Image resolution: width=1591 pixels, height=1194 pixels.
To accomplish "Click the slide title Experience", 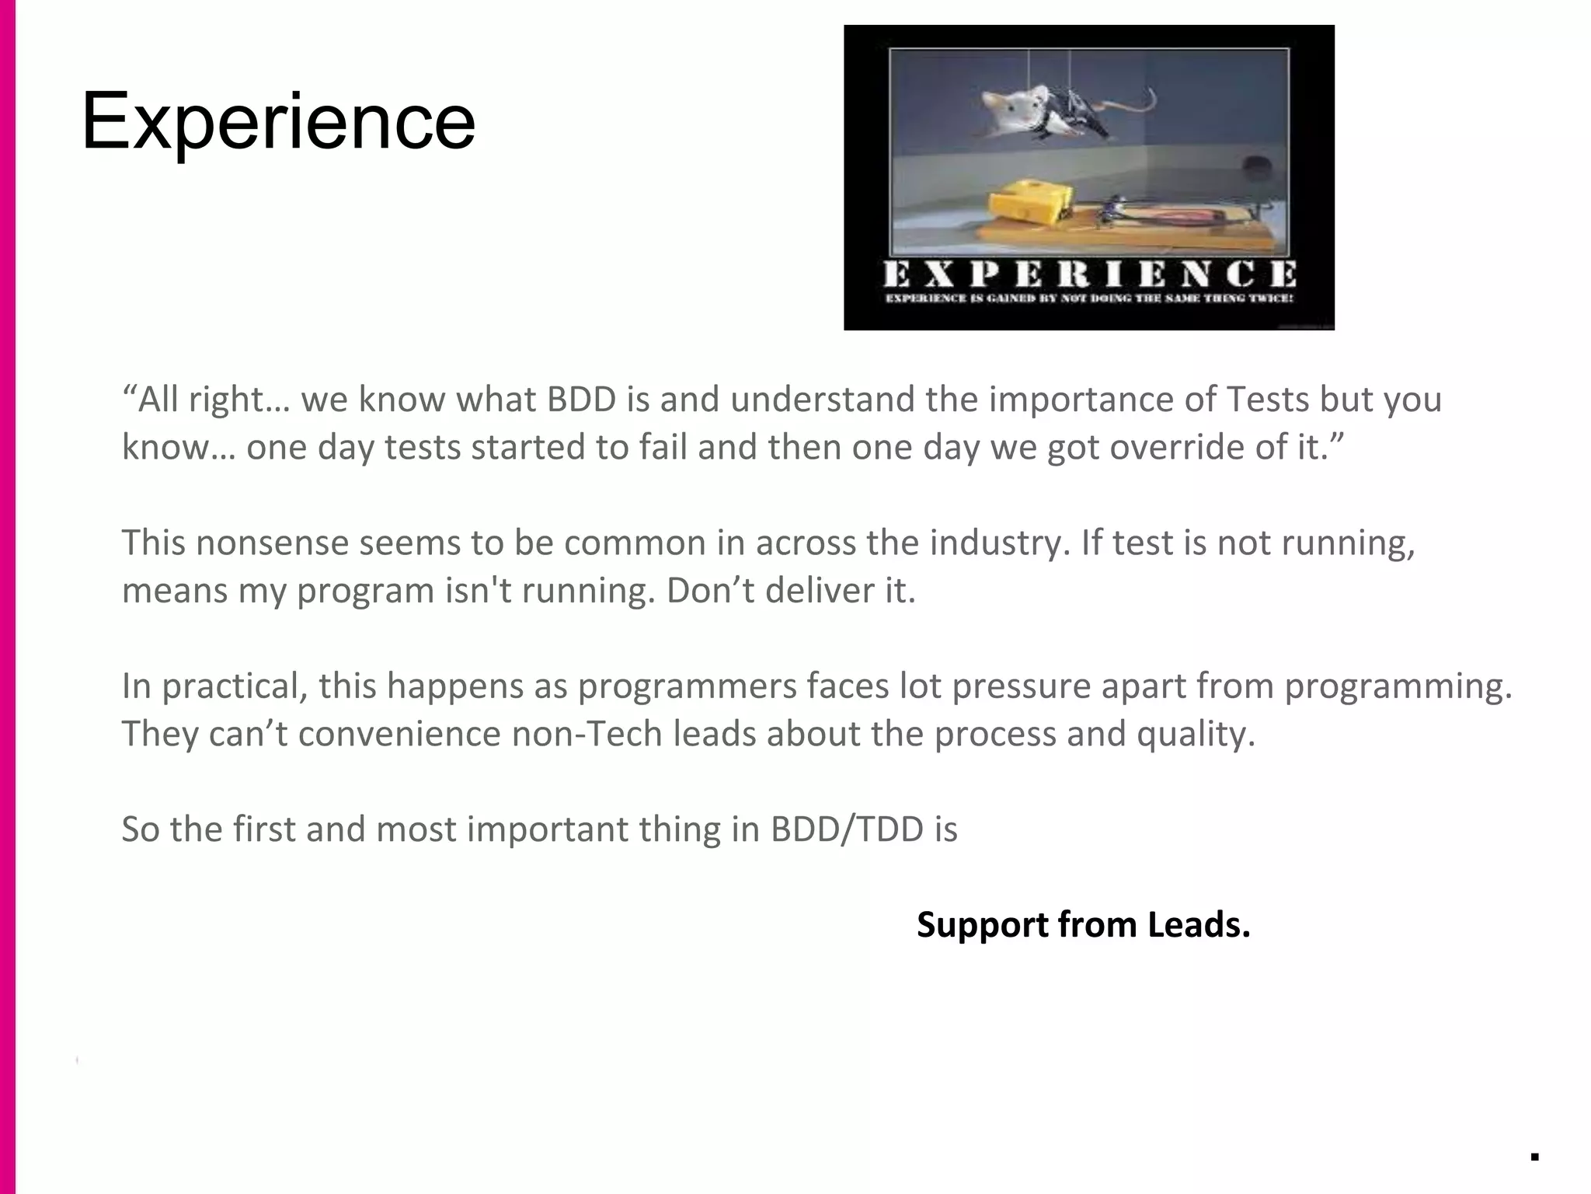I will pyautogui.click(x=277, y=121).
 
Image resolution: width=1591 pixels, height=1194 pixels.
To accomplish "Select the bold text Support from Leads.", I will pyautogui.click(x=1083, y=924).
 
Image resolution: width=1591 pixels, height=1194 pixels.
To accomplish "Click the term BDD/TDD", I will pyautogui.click(x=847, y=829).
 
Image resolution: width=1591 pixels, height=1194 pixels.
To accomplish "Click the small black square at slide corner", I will pyautogui.click(x=1534, y=1157).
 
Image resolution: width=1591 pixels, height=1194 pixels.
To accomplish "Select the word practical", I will pyautogui.click(x=234, y=686).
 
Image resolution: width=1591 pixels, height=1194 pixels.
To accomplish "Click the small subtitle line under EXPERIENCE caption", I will pyautogui.click(x=1089, y=298).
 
